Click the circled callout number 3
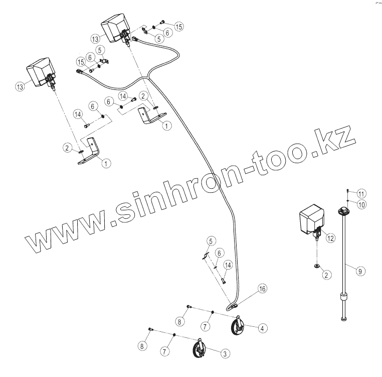click(226, 354)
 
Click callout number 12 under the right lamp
click(330, 239)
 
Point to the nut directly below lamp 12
click(317, 265)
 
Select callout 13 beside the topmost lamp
click(95, 38)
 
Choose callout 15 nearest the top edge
click(179, 26)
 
